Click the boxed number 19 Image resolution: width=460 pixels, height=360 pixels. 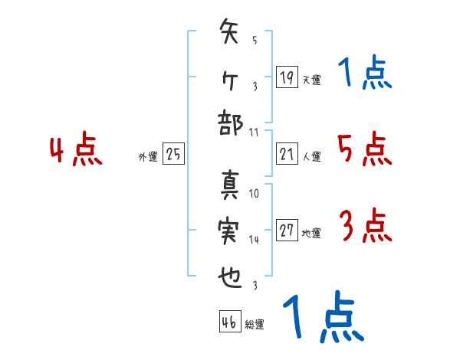click(286, 78)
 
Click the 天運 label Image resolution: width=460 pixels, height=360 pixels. click(311, 80)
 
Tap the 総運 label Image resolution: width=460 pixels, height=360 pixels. click(255, 325)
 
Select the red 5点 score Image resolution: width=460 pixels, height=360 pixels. click(365, 149)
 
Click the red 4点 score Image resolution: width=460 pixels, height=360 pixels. click(77, 151)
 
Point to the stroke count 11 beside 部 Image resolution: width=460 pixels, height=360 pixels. click(254, 131)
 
